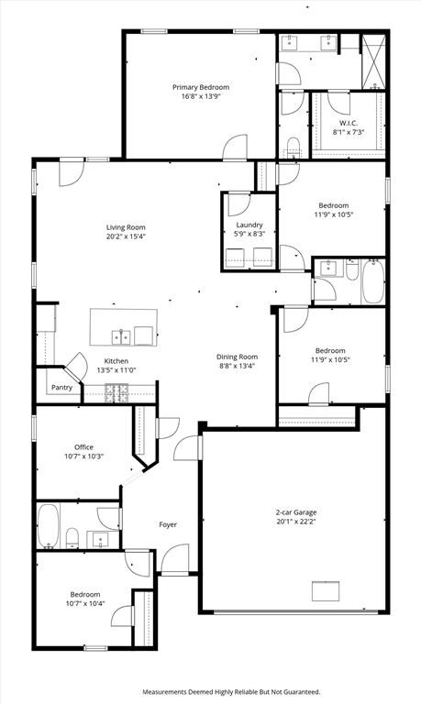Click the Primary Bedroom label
tap(201, 87)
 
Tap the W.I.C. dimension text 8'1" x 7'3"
tap(349, 132)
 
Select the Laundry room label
tap(249, 225)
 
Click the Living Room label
tap(126, 227)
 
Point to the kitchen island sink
tap(121, 336)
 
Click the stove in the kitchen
tap(116, 393)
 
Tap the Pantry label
tap(61, 387)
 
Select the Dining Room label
tap(238, 357)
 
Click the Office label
tap(84, 446)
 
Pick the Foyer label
tap(168, 524)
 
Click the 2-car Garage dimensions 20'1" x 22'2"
tap(296, 522)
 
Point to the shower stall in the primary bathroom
tap(374, 61)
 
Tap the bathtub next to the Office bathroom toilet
tap(48, 526)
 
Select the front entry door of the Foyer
tap(175, 559)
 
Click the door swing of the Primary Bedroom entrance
tap(236, 147)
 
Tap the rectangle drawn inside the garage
tap(326, 591)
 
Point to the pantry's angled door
tap(76, 365)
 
